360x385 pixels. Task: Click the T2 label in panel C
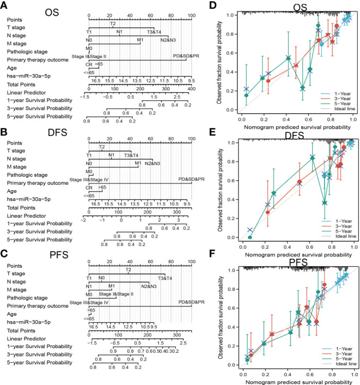point(129,270)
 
